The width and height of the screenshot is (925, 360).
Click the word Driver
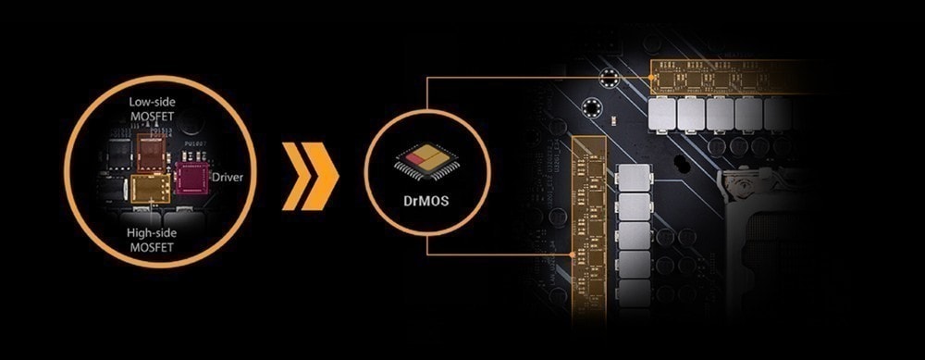coord(228,177)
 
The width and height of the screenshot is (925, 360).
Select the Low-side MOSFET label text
coord(153,108)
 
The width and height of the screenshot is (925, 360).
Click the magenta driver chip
coord(192,180)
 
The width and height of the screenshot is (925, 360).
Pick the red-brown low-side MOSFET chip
coord(154,153)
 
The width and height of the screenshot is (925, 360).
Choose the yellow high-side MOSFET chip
coord(151,188)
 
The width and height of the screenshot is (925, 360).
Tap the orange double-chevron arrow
coord(310,176)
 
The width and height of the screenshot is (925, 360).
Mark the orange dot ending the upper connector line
coord(650,78)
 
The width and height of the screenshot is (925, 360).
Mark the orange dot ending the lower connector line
coord(572,254)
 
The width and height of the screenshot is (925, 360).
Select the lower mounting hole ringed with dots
coord(591,108)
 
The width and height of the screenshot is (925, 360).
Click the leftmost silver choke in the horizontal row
coord(661,115)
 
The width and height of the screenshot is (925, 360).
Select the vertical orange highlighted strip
coord(589,230)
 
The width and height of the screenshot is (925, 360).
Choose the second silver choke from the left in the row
coord(691,115)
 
